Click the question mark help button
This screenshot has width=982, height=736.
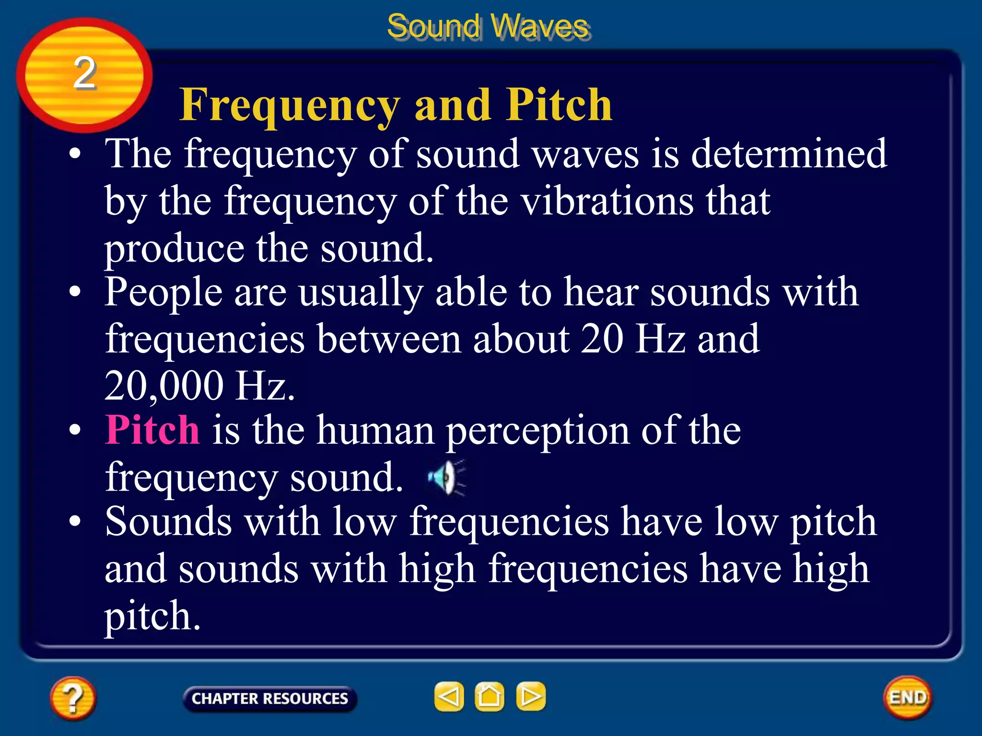click(73, 698)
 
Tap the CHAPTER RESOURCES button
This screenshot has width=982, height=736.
click(269, 698)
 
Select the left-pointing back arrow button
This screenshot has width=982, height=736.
click(449, 696)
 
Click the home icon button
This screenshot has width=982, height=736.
click(490, 696)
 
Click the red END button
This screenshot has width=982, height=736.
click(908, 697)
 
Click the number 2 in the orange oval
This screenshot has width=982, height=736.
click(84, 73)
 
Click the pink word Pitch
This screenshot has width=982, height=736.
click(152, 430)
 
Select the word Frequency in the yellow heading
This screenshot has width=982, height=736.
click(290, 105)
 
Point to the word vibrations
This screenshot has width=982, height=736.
click(608, 201)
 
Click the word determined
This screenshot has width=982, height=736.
click(789, 154)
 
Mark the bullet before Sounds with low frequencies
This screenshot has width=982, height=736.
click(75, 521)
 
